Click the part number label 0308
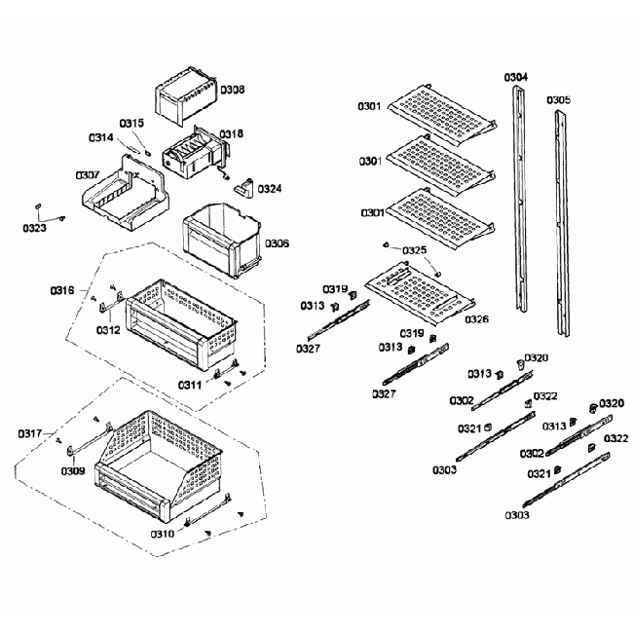232,90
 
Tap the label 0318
231,133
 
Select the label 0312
108,329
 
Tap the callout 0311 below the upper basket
190,385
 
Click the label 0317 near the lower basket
32,433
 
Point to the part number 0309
72,471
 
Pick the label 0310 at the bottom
163,533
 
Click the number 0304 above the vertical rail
516,76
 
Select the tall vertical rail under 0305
562,219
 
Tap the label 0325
415,250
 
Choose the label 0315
132,123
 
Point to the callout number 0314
101,137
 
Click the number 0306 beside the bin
278,243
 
